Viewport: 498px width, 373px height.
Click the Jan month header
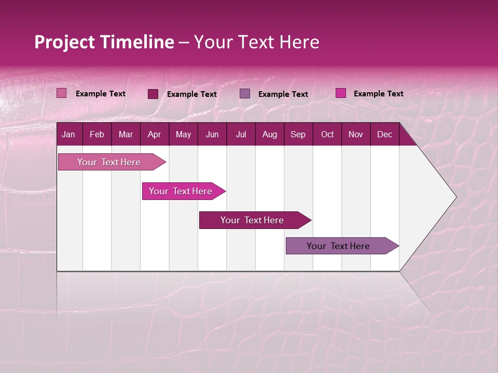click(x=69, y=135)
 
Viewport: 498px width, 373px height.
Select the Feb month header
click(x=97, y=135)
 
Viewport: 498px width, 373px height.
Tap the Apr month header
click(x=155, y=135)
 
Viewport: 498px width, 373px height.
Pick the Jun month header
click(x=212, y=135)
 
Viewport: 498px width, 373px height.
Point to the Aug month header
click(x=270, y=135)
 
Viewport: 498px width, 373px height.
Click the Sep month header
click(x=298, y=135)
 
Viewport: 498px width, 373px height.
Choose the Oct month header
click(x=327, y=135)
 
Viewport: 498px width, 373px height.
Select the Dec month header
click(x=385, y=135)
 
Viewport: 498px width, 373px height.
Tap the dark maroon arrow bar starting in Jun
click(x=253, y=220)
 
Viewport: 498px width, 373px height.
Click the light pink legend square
click(x=62, y=93)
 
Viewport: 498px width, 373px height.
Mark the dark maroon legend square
click(x=153, y=94)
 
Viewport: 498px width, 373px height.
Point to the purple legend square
click(x=245, y=93)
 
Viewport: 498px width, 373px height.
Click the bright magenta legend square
click(x=340, y=93)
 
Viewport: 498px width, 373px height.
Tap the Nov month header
click(x=356, y=135)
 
